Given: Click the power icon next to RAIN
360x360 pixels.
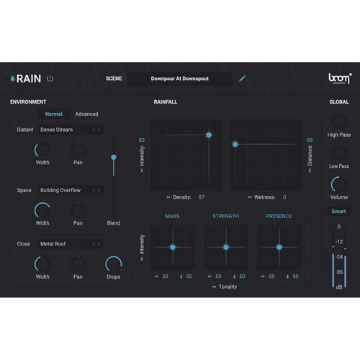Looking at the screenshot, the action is pos(50,78).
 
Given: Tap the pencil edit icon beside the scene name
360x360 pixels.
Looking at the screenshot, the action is pos(242,78).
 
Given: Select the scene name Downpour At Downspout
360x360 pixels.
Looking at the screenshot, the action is pos(180,78).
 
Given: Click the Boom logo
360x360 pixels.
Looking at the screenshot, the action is pos(340,78).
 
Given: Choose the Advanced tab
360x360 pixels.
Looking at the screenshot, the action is pos(86,114).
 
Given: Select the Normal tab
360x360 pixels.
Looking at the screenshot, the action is pos(54,114).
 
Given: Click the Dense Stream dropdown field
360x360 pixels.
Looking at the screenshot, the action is pos(71,130).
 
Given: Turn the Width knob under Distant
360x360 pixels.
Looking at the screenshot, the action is pos(42,150).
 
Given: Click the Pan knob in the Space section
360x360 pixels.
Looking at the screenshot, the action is pos(78,210).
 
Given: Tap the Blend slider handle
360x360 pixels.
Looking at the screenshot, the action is pos(114,157).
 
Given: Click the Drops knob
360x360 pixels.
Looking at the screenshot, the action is pos(114,264).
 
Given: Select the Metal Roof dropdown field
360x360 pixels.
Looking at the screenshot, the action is pos(71,244).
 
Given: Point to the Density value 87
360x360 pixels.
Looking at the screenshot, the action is pos(202,197).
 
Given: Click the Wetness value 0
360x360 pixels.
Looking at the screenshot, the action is pos(284,197).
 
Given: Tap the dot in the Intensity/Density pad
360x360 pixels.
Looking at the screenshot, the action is pos(209,135).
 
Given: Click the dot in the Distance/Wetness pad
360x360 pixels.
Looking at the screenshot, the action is pos(235,144).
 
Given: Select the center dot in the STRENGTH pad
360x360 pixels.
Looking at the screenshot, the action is pos(226,247).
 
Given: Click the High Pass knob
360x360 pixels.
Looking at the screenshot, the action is pos(339,122).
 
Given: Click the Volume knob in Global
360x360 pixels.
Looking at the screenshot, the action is pos(339,184).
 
